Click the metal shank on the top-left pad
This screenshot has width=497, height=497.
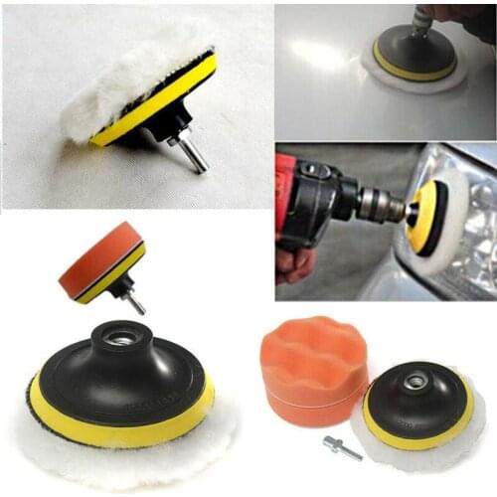pyautogui.click(x=193, y=154)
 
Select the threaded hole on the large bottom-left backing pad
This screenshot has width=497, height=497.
pyautogui.click(x=122, y=339)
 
